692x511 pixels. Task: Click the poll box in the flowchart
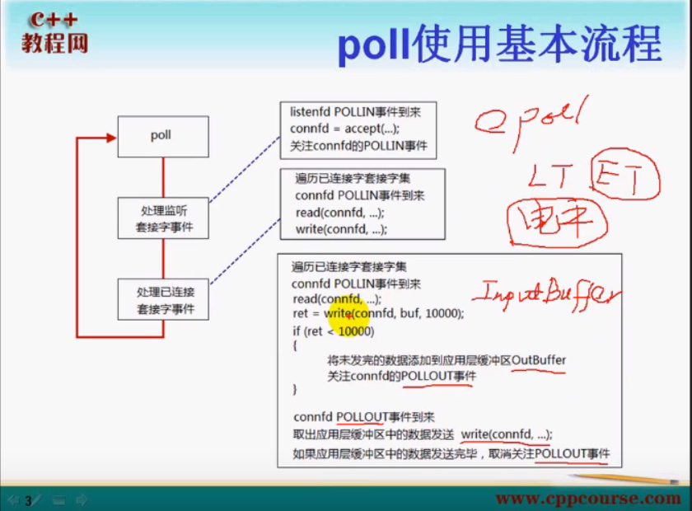[162, 136]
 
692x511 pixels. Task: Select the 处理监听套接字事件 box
[163, 218]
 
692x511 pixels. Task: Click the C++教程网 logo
[54, 33]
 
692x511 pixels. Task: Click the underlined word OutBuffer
[539, 360]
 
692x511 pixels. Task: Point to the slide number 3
[28, 499]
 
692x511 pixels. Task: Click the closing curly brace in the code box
[294, 388]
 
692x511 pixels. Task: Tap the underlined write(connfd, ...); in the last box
[506, 434]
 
